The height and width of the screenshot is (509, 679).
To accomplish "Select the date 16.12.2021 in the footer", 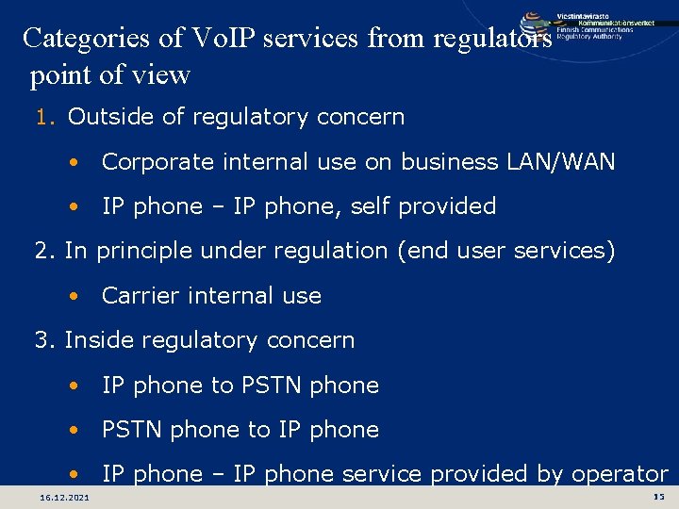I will click(65, 497).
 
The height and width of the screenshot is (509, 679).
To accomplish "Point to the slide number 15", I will click(657, 497).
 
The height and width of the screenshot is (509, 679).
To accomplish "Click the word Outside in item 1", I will click(104, 117).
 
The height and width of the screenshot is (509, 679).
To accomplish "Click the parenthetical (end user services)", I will click(508, 251).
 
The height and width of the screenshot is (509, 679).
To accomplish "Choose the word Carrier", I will click(138, 296).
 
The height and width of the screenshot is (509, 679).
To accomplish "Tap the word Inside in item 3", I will click(97, 340).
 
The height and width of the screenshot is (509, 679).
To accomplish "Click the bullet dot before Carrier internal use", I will click(74, 296).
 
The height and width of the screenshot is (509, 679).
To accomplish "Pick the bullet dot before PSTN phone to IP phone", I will click(74, 430).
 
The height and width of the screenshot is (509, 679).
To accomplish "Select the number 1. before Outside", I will click(48, 118).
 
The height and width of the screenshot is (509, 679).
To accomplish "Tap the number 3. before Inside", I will click(46, 340).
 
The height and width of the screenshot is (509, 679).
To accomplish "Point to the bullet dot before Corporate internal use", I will click(74, 162).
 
